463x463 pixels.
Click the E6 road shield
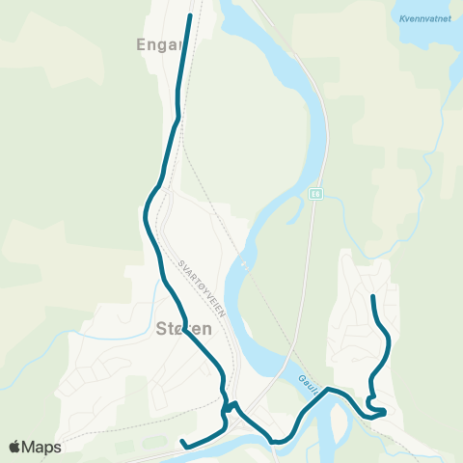(x=315, y=193)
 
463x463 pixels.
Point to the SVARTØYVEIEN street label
(x=197, y=281)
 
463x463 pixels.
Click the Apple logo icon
(x=16, y=447)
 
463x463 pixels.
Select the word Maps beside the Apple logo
(x=41, y=447)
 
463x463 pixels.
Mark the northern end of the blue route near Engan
(x=189, y=15)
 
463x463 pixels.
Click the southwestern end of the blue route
(x=182, y=442)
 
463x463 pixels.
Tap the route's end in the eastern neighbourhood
(x=373, y=295)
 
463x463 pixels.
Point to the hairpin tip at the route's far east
(x=384, y=413)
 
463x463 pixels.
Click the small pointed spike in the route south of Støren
(x=234, y=404)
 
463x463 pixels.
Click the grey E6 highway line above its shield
(x=319, y=145)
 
